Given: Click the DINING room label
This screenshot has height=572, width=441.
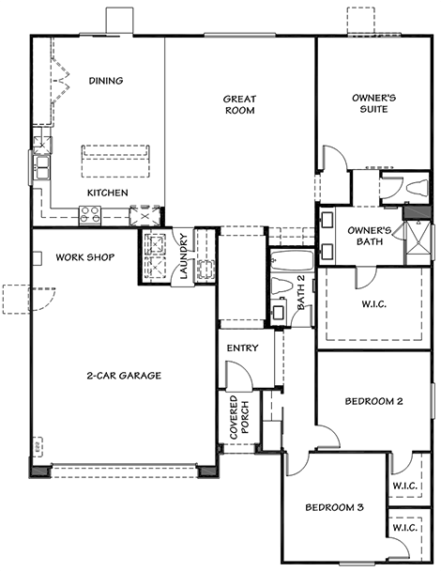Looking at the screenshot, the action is pos(106,81).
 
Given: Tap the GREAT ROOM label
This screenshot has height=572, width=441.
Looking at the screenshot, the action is pos(240,104).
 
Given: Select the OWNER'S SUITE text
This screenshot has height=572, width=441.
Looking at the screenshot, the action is pos(374,103).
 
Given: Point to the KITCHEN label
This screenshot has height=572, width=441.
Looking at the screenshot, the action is pos(108,193).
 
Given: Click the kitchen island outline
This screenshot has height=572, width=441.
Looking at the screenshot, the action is pos(114,161).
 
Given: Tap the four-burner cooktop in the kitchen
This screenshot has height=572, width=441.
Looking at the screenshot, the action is pos(90,214).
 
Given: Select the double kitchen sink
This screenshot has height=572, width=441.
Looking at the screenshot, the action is pos(42,167).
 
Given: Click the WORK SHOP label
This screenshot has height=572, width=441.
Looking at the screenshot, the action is pos(85,257).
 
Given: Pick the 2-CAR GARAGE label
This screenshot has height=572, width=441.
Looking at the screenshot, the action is pos(124,376).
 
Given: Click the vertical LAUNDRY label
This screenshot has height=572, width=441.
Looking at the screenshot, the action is pos(184,255).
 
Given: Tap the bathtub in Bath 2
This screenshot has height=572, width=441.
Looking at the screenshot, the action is pos(293,260).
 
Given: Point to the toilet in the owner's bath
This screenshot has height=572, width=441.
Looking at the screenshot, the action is pos(418,188).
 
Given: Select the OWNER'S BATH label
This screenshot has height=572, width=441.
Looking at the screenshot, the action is pos(370,236).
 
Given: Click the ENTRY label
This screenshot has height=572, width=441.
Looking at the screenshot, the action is pos(243,348).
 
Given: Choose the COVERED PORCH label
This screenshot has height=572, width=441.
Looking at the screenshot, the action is pos(239,417).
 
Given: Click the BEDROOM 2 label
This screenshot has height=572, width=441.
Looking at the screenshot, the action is pos(374,401).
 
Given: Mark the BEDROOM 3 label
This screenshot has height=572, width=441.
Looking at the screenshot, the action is pos(334,507).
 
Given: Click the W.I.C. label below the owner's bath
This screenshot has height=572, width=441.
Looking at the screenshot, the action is pos(374,304).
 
